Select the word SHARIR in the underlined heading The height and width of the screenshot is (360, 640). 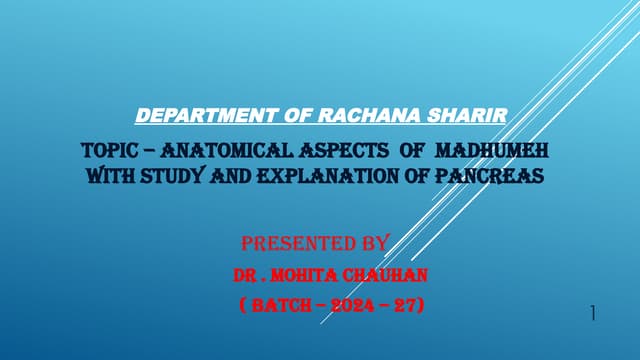point(470,117)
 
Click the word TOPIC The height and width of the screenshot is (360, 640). point(102,152)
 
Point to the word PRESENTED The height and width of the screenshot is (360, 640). point(297,243)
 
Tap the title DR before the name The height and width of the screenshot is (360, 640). point(244,273)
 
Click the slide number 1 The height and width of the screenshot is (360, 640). point(593,314)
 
